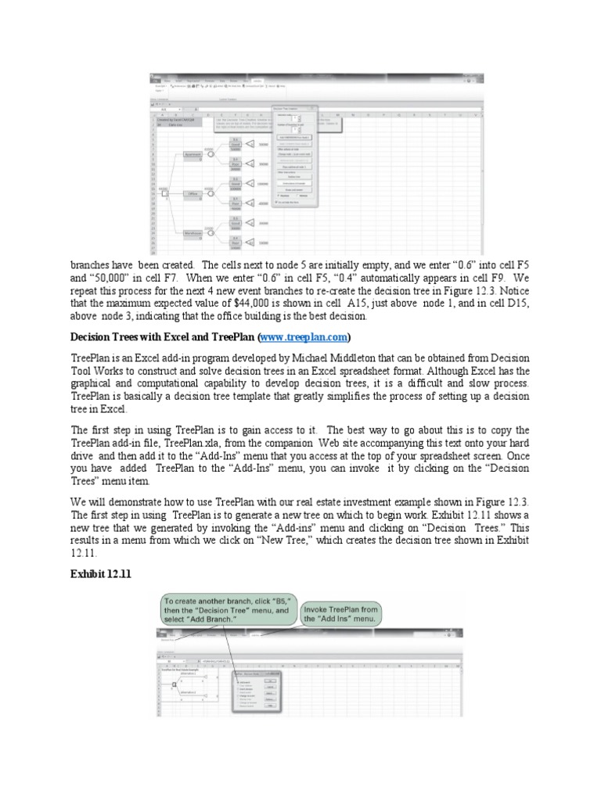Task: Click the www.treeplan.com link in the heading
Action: tap(303, 337)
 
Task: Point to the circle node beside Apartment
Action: tap(211, 155)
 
